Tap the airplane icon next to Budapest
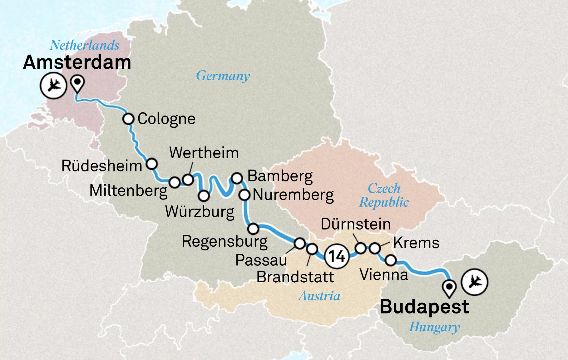[x=475, y=282]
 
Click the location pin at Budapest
[x=449, y=288]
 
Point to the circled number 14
[x=337, y=256]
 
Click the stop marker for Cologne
[x=128, y=119]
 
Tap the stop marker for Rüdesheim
[x=152, y=164]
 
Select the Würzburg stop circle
[x=204, y=196]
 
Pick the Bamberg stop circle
[x=237, y=178]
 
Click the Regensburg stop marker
[x=253, y=229]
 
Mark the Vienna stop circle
[x=391, y=260]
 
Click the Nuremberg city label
[x=293, y=195]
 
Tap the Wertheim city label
[x=204, y=153]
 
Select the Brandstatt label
[x=295, y=277]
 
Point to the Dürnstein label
[x=356, y=224]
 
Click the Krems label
[x=416, y=243]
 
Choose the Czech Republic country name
[x=384, y=195]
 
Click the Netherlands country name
[x=85, y=45]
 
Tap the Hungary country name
[x=434, y=327]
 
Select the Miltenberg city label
[x=128, y=190]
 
